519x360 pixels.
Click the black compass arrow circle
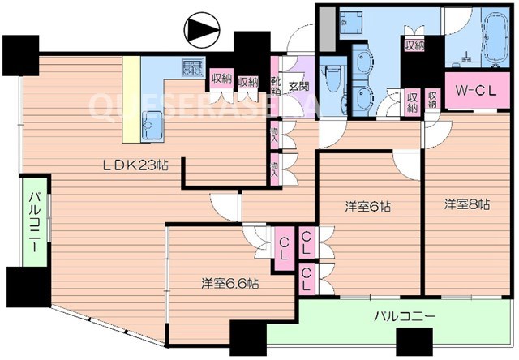tap(200, 31)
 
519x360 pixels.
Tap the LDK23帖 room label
tap(135, 165)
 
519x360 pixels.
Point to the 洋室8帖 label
tap(466, 204)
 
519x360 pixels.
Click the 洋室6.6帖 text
tap(231, 284)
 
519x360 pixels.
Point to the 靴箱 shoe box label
tap(277, 85)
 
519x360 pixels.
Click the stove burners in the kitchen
tap(192, 68)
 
